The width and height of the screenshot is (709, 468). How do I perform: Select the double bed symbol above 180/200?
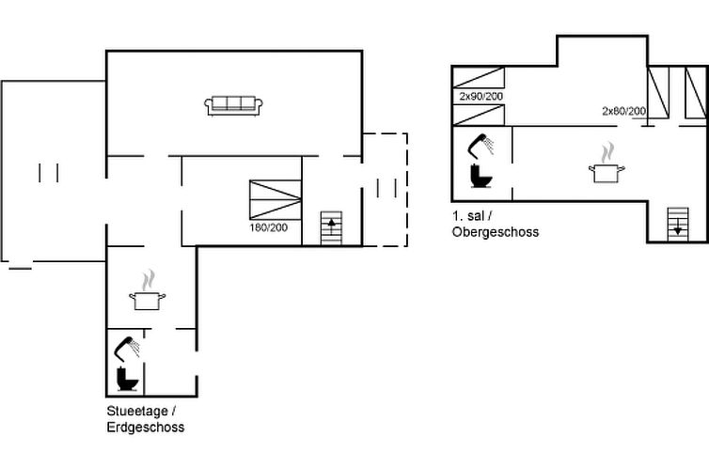(x=276, y=200)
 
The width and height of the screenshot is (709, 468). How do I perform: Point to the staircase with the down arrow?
(x=677, y=224)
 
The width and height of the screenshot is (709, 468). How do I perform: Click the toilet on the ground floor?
(x=127, y=380)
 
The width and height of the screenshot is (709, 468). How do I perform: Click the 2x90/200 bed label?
(x=480, y=97)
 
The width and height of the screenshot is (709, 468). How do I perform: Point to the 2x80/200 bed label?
(x=623, y=112)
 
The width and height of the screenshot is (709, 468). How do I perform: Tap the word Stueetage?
(x=137, y=412)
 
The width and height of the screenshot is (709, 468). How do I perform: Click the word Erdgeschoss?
(x=145, y=428)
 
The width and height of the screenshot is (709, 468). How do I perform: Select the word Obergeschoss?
(x=495, y=231)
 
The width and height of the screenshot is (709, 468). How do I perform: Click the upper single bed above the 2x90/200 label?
(x=479, y=78)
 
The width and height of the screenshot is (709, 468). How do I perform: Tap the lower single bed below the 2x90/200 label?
(x=479, y=115)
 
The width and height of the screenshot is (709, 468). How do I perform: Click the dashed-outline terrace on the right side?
(x=386, y=190)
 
